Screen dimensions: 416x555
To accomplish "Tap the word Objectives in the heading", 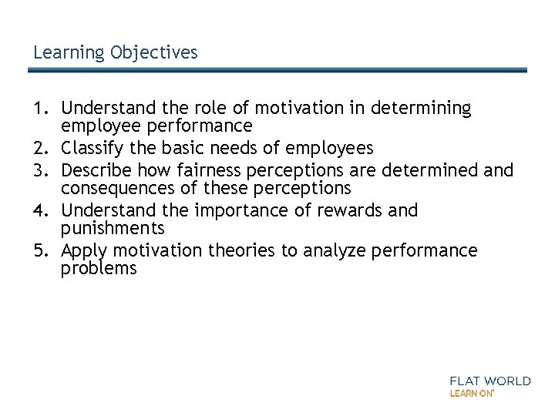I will pos(154,52).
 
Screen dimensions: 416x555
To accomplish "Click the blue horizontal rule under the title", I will pos(277,69).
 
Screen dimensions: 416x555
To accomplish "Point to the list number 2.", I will pos(39,147).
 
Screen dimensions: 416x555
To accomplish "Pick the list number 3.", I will pos(39,170).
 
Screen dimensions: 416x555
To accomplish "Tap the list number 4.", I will pos(39,210).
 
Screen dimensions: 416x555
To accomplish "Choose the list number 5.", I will pos(39,251).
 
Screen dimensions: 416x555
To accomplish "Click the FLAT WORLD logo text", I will pos(490,381).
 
